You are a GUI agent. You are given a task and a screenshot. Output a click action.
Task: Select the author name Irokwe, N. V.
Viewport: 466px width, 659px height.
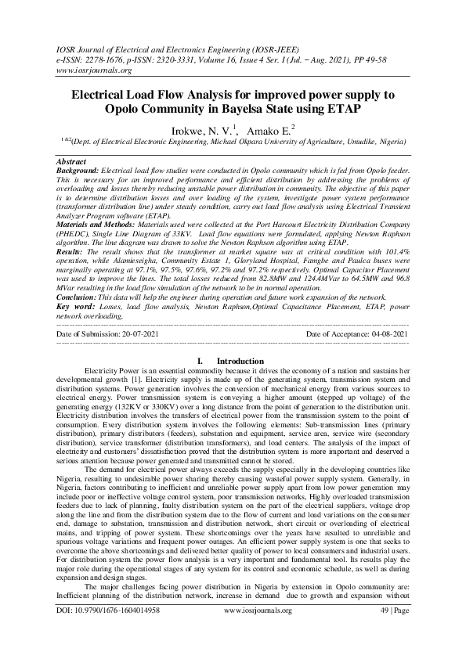coord(193,130)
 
